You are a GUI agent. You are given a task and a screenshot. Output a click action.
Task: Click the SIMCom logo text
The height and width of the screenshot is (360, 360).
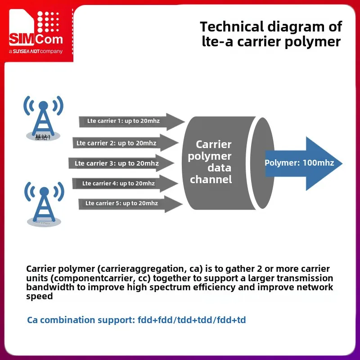click(x=36, y=39)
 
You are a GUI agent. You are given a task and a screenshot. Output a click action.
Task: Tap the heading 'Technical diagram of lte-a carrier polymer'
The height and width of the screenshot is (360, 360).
click(x=271, y=34)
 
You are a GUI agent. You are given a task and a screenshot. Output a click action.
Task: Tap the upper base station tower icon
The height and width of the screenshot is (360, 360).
click(x=43, y=117)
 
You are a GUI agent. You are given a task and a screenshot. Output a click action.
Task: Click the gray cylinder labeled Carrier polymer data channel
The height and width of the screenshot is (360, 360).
click(x=220, y=162)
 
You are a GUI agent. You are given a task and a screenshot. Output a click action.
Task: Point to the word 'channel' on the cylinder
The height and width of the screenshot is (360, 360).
click(x=211, y=180)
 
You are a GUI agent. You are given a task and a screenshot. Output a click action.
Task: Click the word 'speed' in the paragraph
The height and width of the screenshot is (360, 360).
click(x=40, y=297)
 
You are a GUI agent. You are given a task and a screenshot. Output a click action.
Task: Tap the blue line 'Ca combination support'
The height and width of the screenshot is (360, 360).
click(x=137, y=320)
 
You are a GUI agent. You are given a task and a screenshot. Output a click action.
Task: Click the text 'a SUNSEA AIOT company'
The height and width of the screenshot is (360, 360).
click(x=36, y=52)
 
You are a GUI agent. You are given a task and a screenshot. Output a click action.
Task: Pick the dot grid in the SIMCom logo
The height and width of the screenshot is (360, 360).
click(x=48, y=22)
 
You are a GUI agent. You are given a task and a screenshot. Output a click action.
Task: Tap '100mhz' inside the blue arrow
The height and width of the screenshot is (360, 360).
click(x=318, y=163)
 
